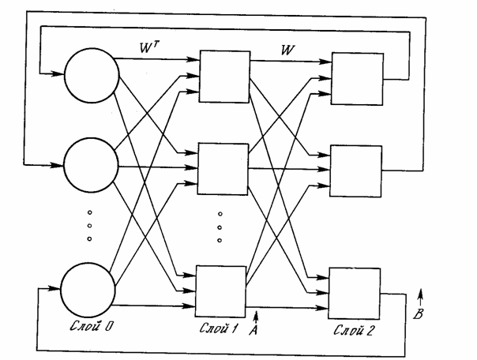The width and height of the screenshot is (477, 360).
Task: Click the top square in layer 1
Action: (x=223, y=76)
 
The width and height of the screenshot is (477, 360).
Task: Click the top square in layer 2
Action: (x=355, y=78)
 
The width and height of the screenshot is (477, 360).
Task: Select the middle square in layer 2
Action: (x=355, y=169)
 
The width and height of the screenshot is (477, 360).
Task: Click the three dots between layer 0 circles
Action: (x=89, y=225)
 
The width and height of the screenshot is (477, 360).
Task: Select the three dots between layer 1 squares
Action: (x=221, y=227)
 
